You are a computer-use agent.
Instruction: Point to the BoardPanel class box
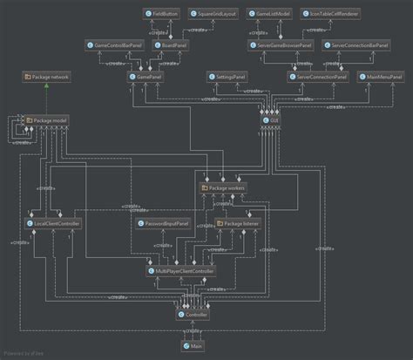pos(169,44)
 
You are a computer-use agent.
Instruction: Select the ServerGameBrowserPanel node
pos(280,44)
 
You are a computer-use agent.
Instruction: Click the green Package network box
pos(46,77)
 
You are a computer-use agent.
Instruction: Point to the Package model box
pos(47,119)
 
